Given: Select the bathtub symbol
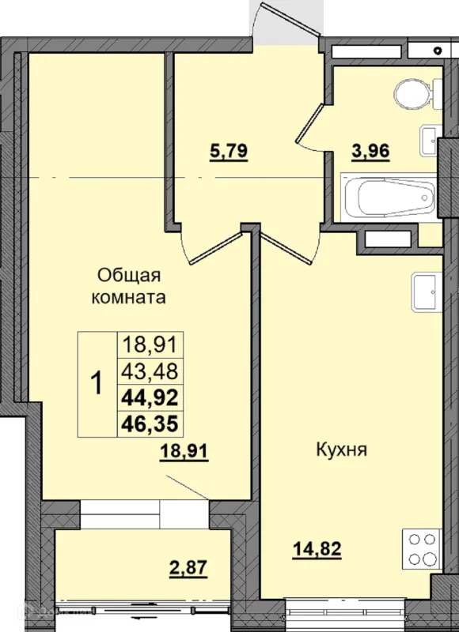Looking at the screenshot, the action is pyautogui.click(x=389, y=197).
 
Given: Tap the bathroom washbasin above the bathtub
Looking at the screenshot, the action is pyautogui.click(x=431, y=141).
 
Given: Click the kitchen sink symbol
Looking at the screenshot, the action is pyautogui.click(x=427, y=292).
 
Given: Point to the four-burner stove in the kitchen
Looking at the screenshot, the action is pyautogui.click(x=423, y=549).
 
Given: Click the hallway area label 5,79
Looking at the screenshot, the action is pyautogui.click(x=229, y=152).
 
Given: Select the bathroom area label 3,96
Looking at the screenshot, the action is pyautogui.click(x=370, y=152).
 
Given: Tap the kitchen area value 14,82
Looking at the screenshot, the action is pyautogui.click(x=317, y=549).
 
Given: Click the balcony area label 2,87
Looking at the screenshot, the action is pyautogui.click(x=188, y=568).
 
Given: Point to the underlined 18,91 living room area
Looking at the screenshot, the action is pyautogui.click(x=184, y=451).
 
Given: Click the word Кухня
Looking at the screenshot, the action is pyautogui.click(x=342, y=450).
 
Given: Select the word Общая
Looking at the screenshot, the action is pyautogui.click(x=129, y=276).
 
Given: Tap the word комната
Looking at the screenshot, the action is pyautogui.click(x=129, y=298).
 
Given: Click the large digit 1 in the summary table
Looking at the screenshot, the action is pyautogui.click(x=97, y=383).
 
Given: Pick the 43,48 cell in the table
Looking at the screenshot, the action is pyautogui.click(x=150, y=371).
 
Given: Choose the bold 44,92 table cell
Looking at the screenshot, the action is pyautogui.click(x=150, y=398).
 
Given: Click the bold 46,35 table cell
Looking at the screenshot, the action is pyautogui.click(x=150, y=424).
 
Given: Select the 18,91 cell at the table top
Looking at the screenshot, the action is pyautogui.click(x=150, y=345).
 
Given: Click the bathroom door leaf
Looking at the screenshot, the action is pyautogui.click(x=309, y=123).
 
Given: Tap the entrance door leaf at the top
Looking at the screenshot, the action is pyautogui.click(x=290, y=19).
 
